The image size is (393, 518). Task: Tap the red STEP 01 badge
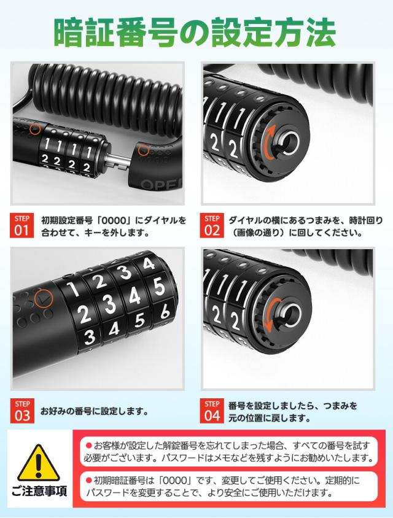[x=22, y=225]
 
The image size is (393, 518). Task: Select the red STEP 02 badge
[x=212, y=225]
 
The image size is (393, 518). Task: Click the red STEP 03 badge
[x=22, y=411]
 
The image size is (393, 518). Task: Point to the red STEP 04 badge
[x=212, y=411]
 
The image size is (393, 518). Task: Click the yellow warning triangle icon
[x=38, y=465]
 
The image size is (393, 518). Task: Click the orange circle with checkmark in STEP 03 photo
[x=44, y=298]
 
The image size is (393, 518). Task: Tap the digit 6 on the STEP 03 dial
[x=164, y=312]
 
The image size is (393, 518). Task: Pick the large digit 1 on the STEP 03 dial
[x=72, y=289]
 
